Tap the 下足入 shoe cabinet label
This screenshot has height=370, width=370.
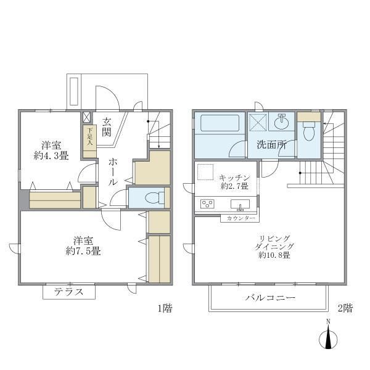[90, 136]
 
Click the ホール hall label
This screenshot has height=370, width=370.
[113, 173]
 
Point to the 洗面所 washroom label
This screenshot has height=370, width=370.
[271, 146]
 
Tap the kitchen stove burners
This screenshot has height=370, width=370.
[206, 205]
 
